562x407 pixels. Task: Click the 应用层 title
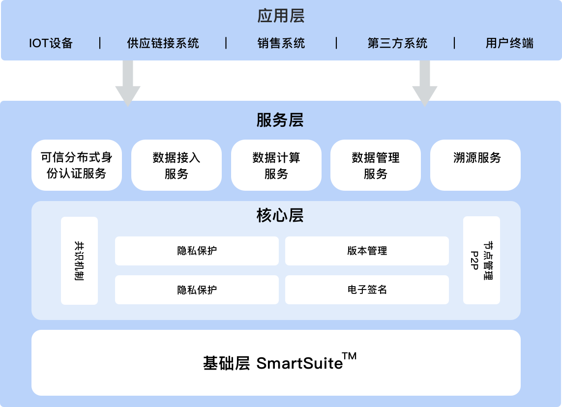[281, 16]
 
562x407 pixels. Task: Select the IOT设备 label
[51, 43]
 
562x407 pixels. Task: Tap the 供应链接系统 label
[163, 43]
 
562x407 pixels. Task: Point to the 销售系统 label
[281, 43]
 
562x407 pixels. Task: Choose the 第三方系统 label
[397, 43]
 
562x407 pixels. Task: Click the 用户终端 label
[509, 43]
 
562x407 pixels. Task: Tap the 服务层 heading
[280, 120]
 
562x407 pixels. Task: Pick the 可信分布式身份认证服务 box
[77, 165]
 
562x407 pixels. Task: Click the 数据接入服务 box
[177, 165]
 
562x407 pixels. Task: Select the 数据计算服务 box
[276, 165]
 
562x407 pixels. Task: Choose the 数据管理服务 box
[376, 165]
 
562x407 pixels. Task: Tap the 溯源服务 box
[475, 165]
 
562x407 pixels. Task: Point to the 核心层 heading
[280, 215]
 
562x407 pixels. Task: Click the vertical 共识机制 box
[79, 261]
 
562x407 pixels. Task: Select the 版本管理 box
[367, 251]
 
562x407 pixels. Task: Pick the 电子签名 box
[367, 290]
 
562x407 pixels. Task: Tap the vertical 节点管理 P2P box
[481, 260]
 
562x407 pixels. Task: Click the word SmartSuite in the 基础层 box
[299, 364]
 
